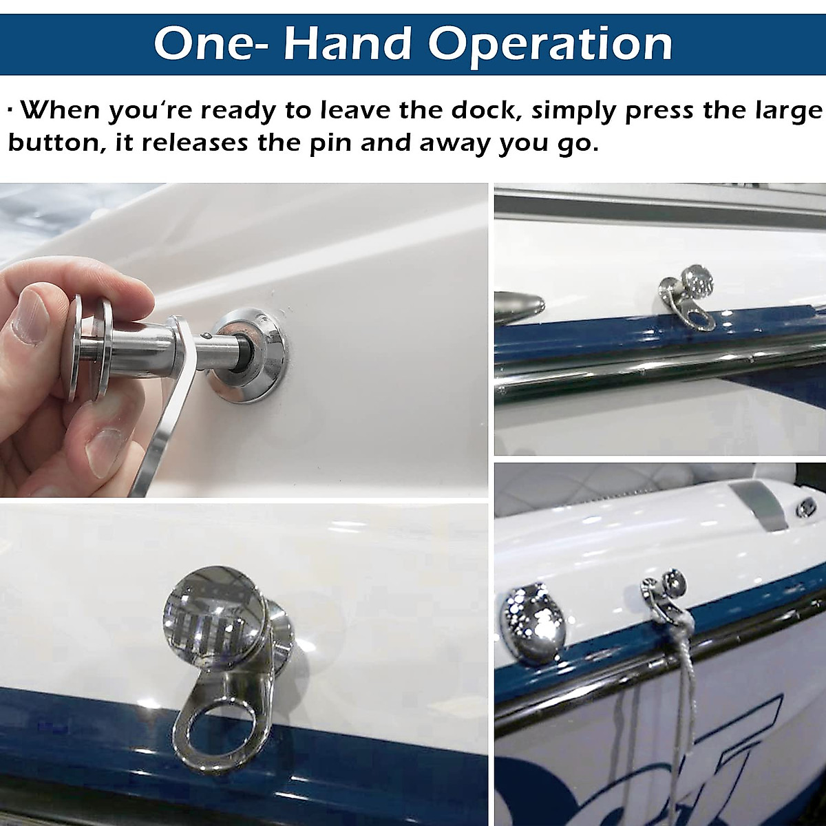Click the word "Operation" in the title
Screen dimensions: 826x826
pyautogui.click(x=551, y=44)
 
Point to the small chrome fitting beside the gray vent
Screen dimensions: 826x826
pyautogui.click(x=805, y=509)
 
